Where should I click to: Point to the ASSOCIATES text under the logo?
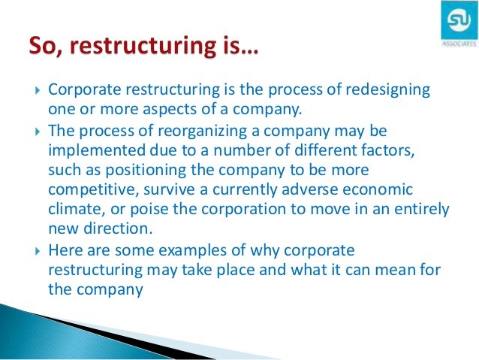pos(454,44)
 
